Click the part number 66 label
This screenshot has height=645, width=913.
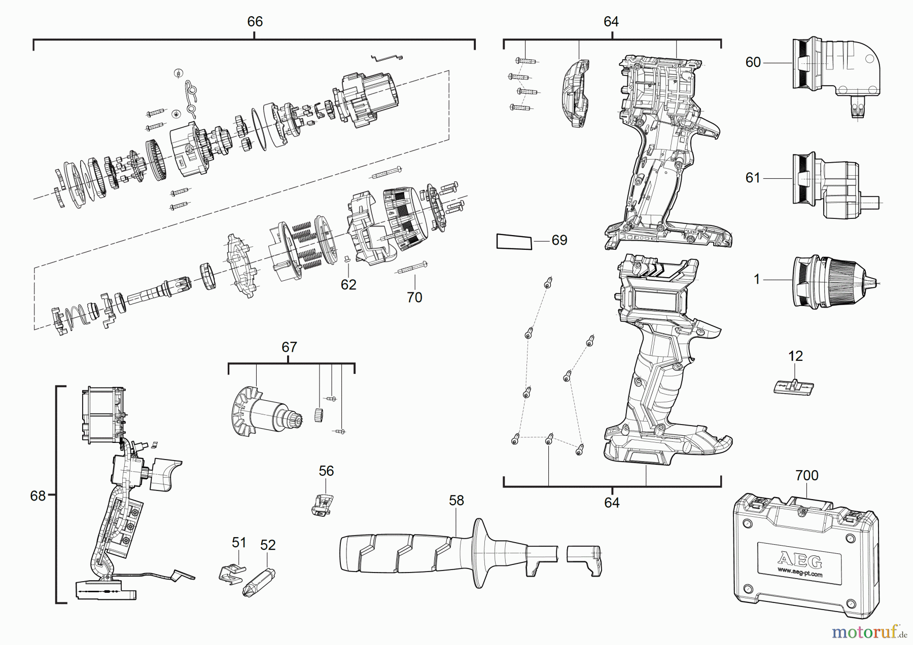pos(255,21)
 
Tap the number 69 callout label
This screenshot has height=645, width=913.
pos(559,240)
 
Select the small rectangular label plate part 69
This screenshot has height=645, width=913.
pos(514,242)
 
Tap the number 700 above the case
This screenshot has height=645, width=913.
pos(806,475)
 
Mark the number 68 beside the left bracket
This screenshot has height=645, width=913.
pos(38,496)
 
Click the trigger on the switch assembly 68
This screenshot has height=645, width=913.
pos(165,474)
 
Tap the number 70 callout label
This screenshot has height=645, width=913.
pos(414,297)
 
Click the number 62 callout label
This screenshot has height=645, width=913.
pos(348,285)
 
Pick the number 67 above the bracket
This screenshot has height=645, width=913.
pos(289,347)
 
